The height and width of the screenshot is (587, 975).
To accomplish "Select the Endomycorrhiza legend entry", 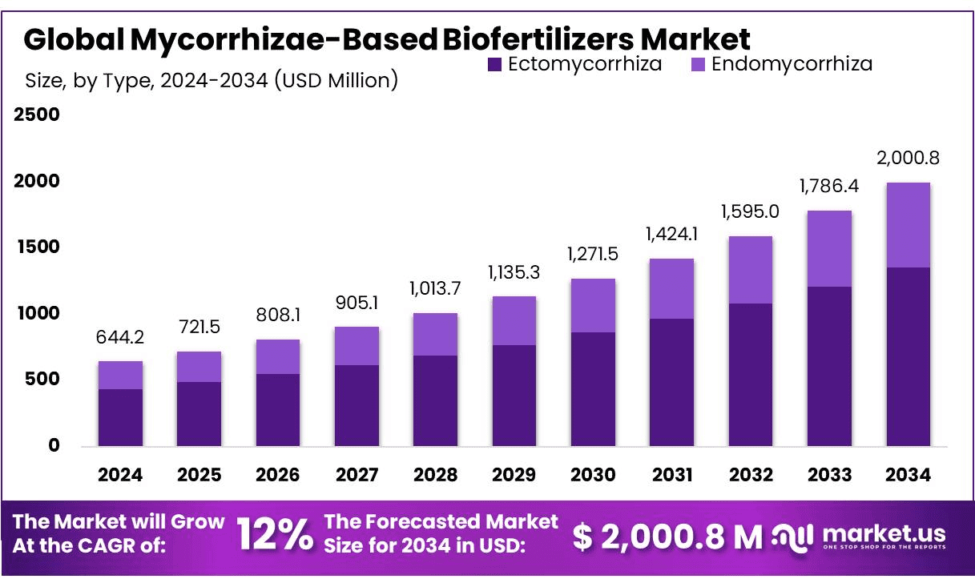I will tap(781, 64).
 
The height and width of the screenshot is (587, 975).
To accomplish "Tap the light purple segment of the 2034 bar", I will tap(908, 225).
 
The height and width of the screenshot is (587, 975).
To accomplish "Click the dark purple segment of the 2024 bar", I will tap(120, 417).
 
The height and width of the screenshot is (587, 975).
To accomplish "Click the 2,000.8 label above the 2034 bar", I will tap(908, 158).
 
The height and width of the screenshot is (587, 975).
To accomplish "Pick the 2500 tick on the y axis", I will tap(37, 115).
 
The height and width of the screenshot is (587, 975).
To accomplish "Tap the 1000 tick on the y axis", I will tap(37, 313).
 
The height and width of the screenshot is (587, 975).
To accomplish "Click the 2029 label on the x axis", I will tap(514, 475).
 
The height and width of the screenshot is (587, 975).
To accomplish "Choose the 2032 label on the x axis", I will tap(750, 475).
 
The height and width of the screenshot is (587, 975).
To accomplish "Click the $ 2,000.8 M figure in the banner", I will tap(668, 537).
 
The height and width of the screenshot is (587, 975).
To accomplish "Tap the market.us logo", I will tap(860, 536).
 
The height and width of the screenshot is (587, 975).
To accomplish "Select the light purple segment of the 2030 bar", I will tap(593, 305).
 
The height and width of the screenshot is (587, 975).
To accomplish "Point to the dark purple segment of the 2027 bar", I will tap(357, 405).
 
